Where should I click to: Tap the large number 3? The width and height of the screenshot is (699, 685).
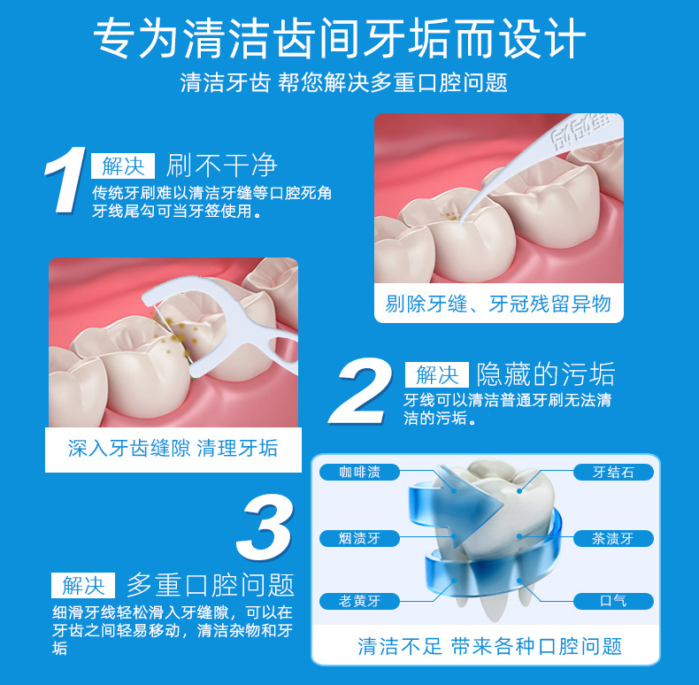tap(265, 529)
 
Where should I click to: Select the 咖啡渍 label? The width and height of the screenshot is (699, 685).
tap(359, 473)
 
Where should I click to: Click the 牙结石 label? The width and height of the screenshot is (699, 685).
tap(613, 473)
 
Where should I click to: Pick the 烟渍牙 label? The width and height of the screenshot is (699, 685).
tap(359, 538)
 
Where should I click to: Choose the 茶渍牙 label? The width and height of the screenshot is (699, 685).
tap(613, 538)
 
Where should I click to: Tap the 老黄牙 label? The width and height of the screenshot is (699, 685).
tap(359, 602)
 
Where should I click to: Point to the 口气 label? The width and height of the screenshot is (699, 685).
tap(613, 602)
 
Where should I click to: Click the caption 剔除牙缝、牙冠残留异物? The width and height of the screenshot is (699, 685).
tap(498, 304)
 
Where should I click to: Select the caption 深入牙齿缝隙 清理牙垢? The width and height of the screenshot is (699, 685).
tap(173, 449)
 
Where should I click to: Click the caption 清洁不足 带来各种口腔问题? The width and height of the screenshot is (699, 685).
tap(489, 646)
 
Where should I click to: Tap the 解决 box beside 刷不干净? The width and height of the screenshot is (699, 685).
tap(123, 165)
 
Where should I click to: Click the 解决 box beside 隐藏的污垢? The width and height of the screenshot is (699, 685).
tap(436, 373)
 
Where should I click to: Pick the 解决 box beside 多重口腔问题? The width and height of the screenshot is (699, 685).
tap(83, 585)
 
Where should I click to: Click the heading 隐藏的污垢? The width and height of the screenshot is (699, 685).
tap(545, 373)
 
